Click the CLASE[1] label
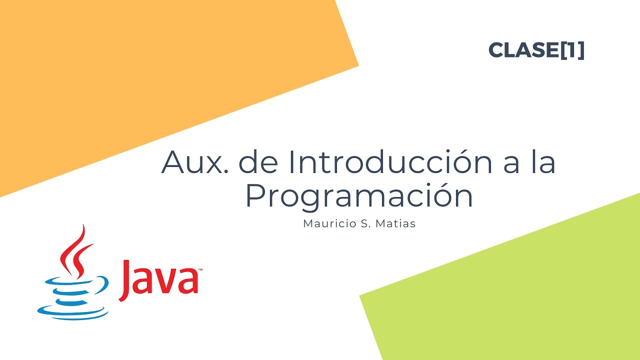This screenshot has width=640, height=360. tap(536, 50)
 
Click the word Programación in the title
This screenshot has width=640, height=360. tap(359, 197)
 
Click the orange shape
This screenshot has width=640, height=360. tap(150, 75)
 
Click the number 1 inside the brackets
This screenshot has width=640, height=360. tap(571, 50)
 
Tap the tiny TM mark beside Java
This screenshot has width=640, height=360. tap(200, 270)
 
